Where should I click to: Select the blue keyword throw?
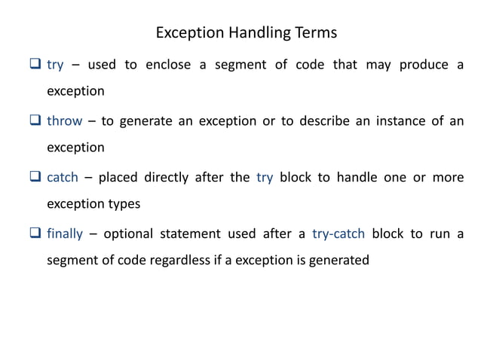[64, 121]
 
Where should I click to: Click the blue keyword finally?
[64, 233]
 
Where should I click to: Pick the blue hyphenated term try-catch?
[337, 233]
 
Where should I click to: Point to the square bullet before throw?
[35, 121]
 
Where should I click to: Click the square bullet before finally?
[35, 233]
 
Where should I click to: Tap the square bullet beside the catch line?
[35, 178]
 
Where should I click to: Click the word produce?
[424, 65]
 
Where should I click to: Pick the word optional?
[129, 233]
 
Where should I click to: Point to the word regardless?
[176, 261]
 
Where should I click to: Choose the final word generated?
[340, 261]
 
